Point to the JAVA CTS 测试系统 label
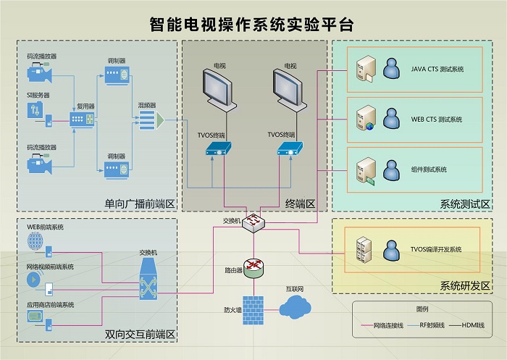437,70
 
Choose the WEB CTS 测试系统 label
436,120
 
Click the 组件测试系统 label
429,169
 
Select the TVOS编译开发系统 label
436,249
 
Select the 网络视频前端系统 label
50,267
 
